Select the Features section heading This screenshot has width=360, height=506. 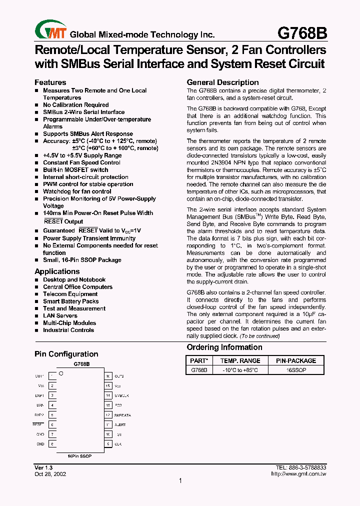click(50, 82)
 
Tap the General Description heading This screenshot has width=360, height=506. click(222, 82)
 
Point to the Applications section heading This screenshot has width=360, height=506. click(57, 271)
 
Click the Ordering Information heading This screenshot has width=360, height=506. click(224, 347)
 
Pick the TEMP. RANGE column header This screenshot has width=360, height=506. click(240, 360)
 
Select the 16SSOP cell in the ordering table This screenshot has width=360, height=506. click(296, 370)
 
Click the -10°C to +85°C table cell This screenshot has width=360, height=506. click(240, 370)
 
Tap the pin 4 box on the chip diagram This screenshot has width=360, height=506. click(52, 405)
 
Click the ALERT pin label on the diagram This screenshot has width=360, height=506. click(120, 424)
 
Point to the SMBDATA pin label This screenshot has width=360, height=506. click(122, 415)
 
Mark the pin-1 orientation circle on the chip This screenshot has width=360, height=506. click(61, 373)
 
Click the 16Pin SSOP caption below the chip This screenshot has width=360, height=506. click(80, 456)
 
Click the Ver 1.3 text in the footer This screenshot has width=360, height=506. click(44, 467)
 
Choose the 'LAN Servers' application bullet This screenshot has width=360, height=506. click(60, 315)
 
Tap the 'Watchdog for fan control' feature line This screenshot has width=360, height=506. click(77, 191)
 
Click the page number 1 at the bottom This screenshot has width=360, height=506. click(180, 481)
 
